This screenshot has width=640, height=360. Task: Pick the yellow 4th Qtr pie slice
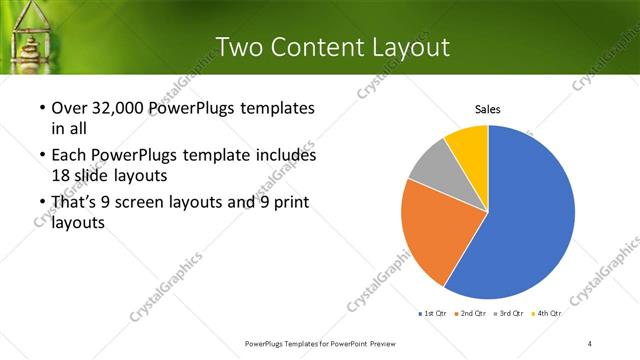coord(468,142)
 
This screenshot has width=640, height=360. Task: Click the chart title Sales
coord(487,109)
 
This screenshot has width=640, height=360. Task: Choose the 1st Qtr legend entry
coord(433,314)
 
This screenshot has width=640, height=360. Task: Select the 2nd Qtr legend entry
coord(474,314)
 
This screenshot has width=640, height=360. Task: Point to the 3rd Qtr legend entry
coord(512,314)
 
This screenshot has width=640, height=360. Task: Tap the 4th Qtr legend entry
coord(549,314)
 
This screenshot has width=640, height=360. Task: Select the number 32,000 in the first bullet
coord(116,108)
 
